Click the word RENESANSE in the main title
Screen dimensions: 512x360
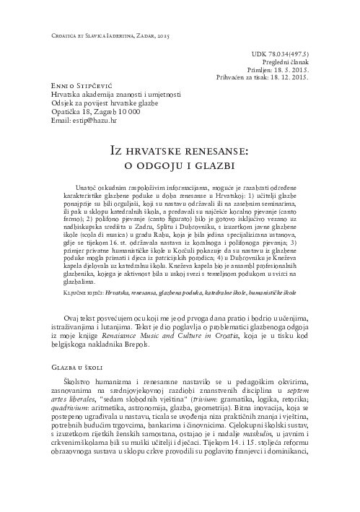pyautogui.click(x=210, y=150)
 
